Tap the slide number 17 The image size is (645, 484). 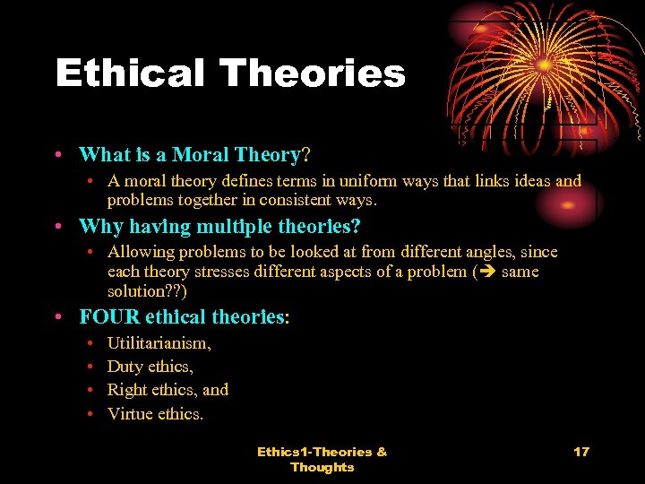pos(581,451)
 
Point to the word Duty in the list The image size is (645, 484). pos(125,367)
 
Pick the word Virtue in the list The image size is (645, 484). pos(129,413)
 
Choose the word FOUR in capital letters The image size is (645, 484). pos(104,316)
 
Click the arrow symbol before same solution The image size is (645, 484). pos(486,272)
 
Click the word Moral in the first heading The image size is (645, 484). pos(199,154)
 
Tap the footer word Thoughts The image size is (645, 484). pos(322,467)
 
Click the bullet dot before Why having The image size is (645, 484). pos(57,226)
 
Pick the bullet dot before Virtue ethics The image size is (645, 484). pos(93,413)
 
